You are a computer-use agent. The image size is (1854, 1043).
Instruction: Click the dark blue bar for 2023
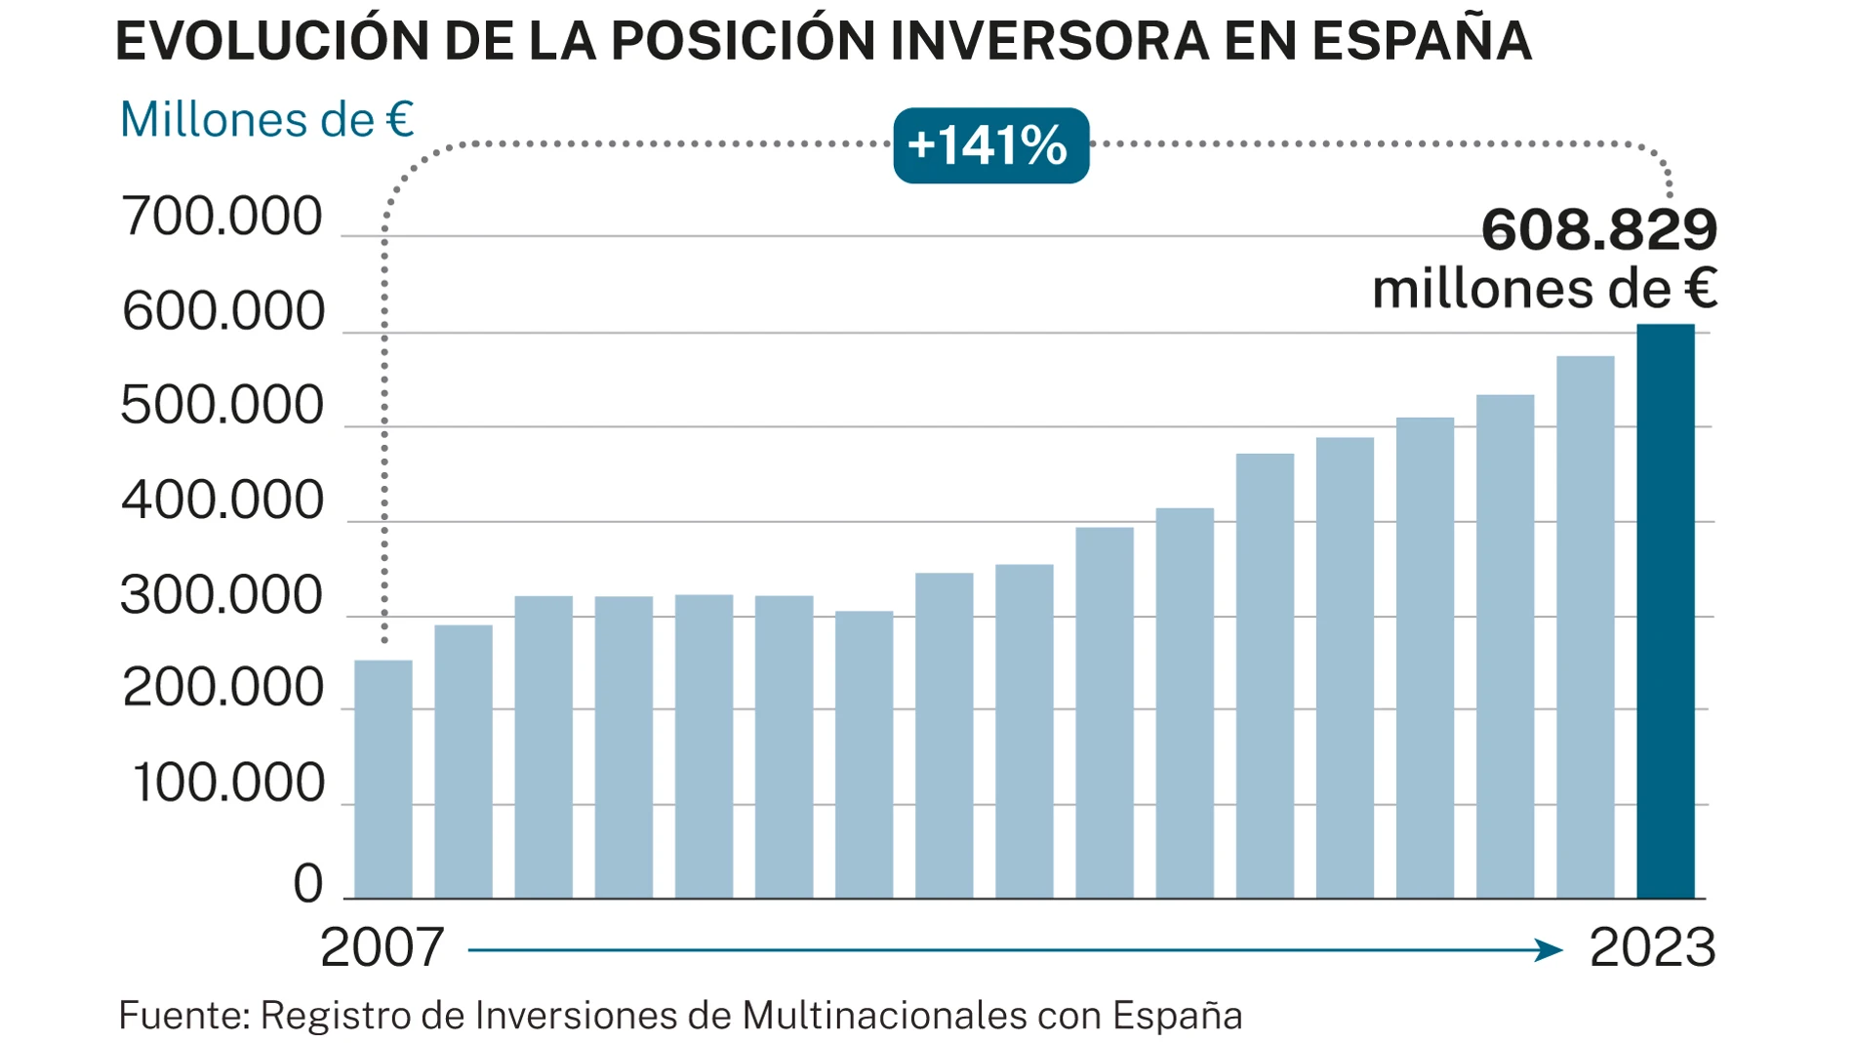1665,611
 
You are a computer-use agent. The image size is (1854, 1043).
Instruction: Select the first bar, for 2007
383,779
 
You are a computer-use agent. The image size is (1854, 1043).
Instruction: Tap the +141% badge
990,145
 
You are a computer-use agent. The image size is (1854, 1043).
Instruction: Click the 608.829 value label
1598,230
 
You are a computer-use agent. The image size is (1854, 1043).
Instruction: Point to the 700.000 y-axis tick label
222,217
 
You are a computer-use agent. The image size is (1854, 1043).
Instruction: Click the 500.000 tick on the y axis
222,406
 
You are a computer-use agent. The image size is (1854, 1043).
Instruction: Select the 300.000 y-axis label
222,595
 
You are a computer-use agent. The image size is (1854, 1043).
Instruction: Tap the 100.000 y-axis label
227,783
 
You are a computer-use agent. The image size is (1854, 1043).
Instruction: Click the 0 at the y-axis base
307,883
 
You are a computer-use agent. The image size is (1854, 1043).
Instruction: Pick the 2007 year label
382,947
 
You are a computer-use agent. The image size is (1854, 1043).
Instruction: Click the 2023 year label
1652,947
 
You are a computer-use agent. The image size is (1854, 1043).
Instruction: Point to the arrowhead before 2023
1549,949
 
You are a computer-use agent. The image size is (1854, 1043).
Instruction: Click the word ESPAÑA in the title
1421,41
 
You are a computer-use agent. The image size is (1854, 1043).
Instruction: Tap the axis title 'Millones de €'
266,120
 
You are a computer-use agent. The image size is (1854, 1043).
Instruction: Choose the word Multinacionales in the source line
884,1016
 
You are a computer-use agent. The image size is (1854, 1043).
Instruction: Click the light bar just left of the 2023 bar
1585,626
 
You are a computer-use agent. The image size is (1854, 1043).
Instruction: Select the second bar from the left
463,761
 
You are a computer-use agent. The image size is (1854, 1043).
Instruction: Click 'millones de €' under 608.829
1544,290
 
